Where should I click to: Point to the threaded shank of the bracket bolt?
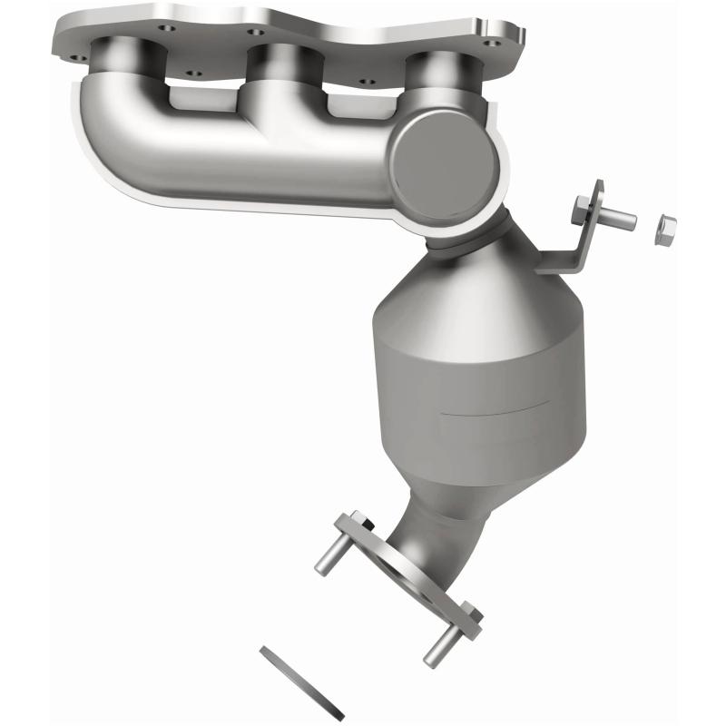[x=617, y=219]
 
